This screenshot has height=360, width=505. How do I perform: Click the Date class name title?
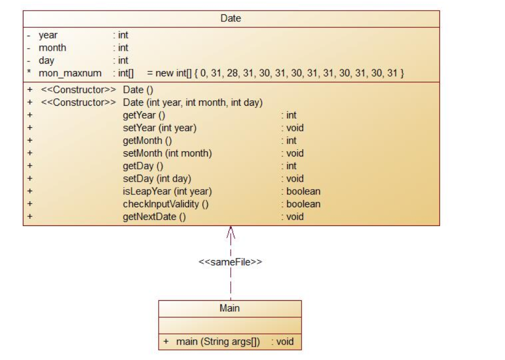(x=231, y=19)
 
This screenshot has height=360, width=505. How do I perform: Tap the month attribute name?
(x=52, y=48)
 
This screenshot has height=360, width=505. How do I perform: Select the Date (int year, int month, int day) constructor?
(x=192, y=102)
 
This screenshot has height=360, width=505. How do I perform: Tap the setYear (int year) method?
(x=152, y=128)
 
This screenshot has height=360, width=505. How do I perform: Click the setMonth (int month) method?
(x=167, y=153)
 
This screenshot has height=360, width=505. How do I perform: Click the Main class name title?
(x=230, y=308)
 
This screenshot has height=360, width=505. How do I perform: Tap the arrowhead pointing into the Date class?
(x=231, y=231)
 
